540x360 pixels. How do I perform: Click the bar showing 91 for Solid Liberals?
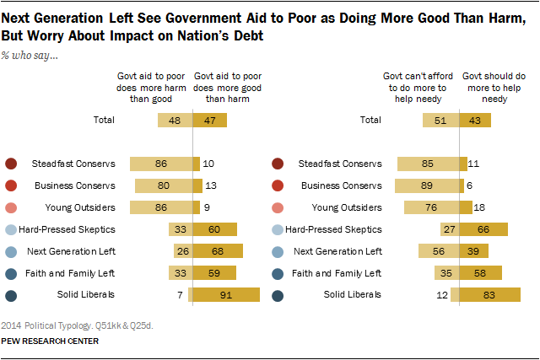pos(226,293)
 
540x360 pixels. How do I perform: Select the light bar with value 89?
pos(426,185)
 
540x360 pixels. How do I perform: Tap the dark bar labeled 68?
pos(218,250)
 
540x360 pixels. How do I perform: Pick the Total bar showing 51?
pos(440,121)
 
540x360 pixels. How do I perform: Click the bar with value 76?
pos(431,207)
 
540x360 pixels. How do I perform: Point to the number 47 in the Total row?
pos(210,121)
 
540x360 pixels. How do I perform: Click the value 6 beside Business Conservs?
pos(469,185)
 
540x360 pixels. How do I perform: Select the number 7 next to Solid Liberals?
pos(180,293)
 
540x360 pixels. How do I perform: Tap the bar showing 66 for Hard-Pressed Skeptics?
pos(483,228)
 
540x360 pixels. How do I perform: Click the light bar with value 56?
pos(439,250)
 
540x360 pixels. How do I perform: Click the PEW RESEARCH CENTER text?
pos(51,341)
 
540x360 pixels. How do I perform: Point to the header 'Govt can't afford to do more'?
pos(411,85)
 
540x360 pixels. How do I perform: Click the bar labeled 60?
pos(214,228)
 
